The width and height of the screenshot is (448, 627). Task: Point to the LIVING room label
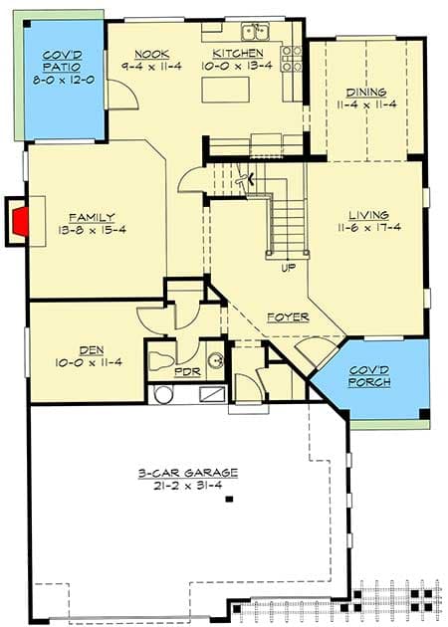[x=368, y=215]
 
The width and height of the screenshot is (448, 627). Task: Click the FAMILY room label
[x=92, y=216]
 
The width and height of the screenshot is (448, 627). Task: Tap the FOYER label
[x=287, y=317]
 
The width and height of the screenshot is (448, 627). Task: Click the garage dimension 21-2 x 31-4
[x=185, y=487]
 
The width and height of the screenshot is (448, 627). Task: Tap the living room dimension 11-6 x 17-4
[x=368, y=228]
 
